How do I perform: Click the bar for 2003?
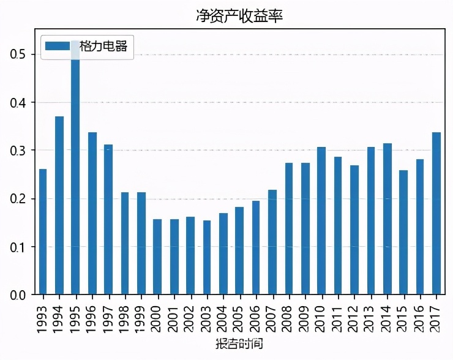click(207, 257)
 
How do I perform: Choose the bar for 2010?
click(321, 220)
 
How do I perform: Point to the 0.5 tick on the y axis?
click(18, 54)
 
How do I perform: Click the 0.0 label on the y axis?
click(18, 295)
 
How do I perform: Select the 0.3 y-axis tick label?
click(18, 151)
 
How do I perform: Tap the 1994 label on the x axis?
click(59, 316)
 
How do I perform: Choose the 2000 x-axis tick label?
click(157, 316)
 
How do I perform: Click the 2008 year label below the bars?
click(288, 316)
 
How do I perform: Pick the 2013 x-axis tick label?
click(370, 316)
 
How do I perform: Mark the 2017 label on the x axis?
click(436, 316)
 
